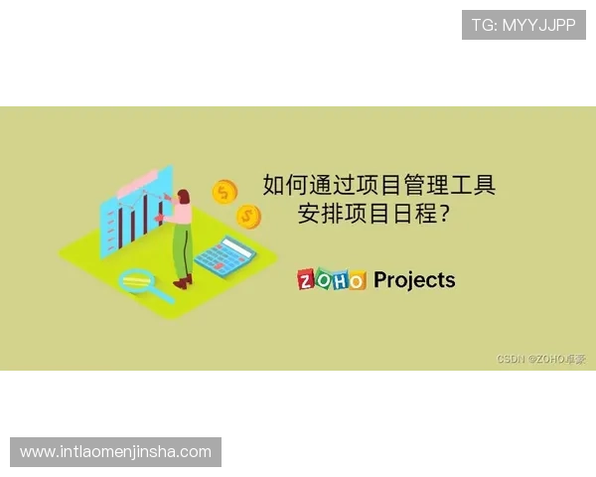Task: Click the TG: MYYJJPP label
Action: (523, 25)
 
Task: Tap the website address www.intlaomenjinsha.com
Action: (115, 452)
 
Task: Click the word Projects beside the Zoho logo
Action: (414, 280)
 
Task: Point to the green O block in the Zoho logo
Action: (324, 280)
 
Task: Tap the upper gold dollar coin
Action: (225, 191)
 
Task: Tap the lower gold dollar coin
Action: (248, 215)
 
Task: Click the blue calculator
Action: (225, 256)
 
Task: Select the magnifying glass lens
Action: (134, 280)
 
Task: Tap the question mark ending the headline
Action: (442, 214)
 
